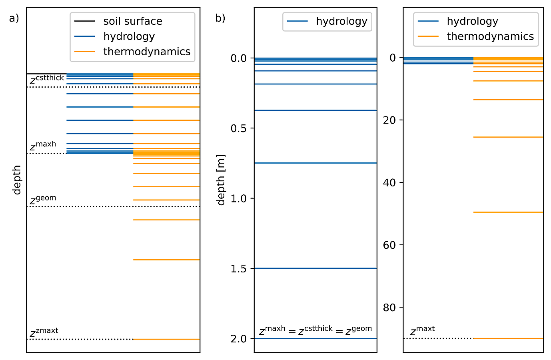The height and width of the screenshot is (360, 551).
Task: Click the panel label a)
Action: [x=14, y=18]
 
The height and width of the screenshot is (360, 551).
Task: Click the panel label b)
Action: [x=220, y=18]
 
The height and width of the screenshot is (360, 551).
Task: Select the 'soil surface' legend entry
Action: [x=132, y=21]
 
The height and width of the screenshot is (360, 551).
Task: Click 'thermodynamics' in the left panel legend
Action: [x=146, y=52]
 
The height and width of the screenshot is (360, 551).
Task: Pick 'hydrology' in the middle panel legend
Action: [x=341, y=21]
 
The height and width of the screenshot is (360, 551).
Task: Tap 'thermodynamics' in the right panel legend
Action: [x=490, y=36]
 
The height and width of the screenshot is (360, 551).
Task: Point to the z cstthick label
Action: [x=47, y=80]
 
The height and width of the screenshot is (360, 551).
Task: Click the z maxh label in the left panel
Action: [x=43, y=146]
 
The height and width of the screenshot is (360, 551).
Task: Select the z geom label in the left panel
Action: [x=43, y=200]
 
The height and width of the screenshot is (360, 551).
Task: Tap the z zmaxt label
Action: [x=44, y=332]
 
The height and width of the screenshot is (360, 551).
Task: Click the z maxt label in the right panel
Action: [x=422, y=330]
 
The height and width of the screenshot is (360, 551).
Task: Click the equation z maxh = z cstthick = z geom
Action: [x=315, y=330]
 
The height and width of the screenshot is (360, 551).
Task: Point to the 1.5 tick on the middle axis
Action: [x=239, y=268]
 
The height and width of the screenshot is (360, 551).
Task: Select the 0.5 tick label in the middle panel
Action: [x=239, y=128]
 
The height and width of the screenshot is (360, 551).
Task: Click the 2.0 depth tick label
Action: [x=239, y=339]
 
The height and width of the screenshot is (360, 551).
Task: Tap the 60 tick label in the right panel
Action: [x=389, y=245]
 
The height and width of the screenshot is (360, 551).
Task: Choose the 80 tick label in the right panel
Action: [x=389, y=308]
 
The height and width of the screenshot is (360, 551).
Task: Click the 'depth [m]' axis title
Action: [x=221, y=180]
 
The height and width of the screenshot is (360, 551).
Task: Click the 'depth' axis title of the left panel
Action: [x=17, y=180]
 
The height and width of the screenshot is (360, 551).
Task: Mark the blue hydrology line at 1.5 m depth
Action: [x=315, y=268]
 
